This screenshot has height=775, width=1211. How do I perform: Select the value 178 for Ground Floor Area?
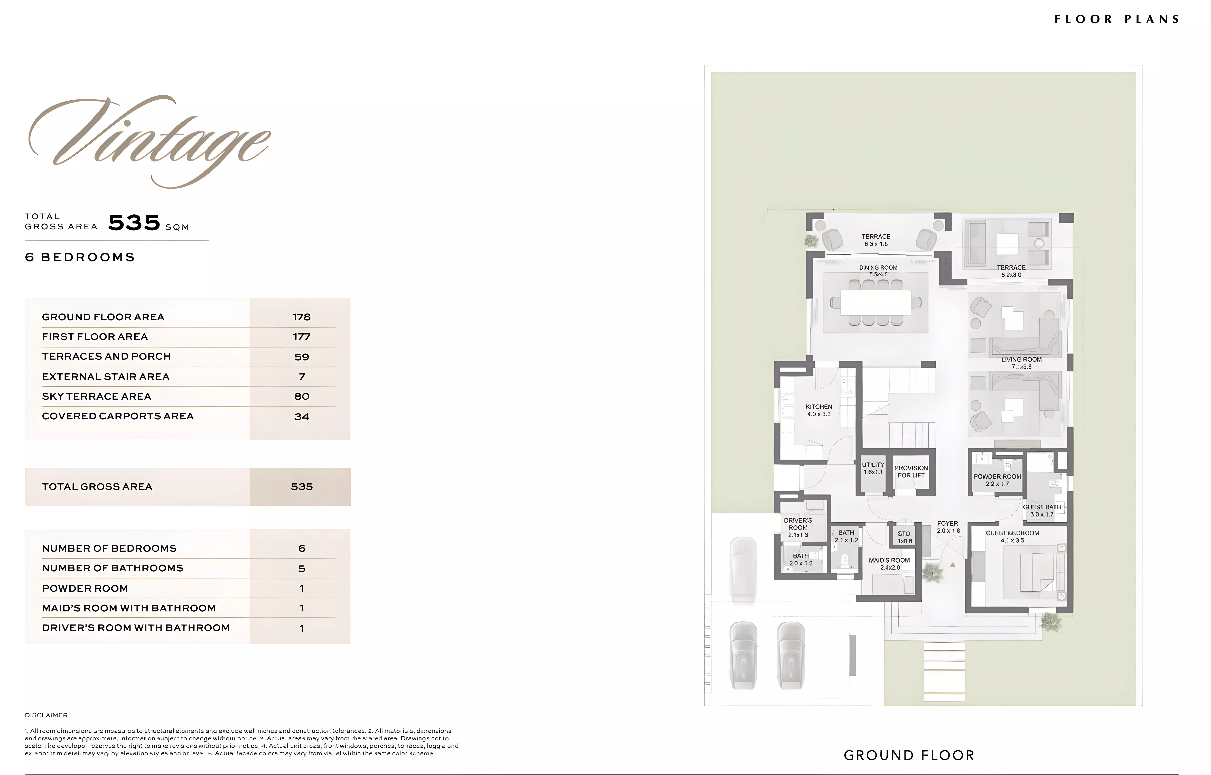[x=302, y=317]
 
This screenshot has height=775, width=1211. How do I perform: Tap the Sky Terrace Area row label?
[x=97, y=396]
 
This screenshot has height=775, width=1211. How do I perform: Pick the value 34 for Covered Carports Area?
[x=302, y=417]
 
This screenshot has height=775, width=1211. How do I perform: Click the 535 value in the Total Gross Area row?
[x=302, y=487]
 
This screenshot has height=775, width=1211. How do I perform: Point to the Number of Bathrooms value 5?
[x=302, y=569]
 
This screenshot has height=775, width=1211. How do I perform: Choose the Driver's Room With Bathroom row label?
[x=136, y=628]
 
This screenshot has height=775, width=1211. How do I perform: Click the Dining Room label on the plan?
[x=878, y=271]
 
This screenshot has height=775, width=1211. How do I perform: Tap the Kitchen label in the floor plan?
[x=819, y=410]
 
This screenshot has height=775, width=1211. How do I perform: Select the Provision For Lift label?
[x=911, y=471]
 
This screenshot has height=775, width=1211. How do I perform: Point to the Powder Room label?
[x=997, y=480]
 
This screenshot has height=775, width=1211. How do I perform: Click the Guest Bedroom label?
[x=1012, y=536]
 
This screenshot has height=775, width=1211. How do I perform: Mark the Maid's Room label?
[x=889, y=564]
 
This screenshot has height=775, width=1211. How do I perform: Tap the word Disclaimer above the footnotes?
[x=46, y=715]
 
